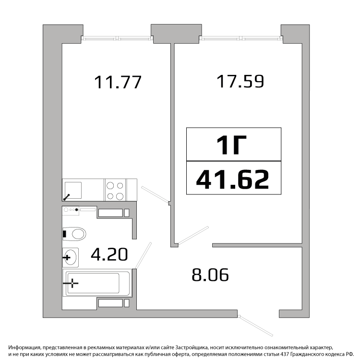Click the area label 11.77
pyautogui.click(x=118, y=82)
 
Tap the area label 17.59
pyautogui.click(x=240, y=81)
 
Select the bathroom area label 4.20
pyautogui.click(x=109, y=254)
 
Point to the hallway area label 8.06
pyautogui.click(x=210, y=275)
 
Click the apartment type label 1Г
pyautogui.click(x=231, y=144)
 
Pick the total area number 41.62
pyautogui.click(x=233, y=180)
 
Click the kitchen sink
pyautogui.click(x=73, y=191)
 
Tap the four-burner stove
pyautogui.click(x=115, y=190)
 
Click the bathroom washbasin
pyautogui.click(x=71, y=257)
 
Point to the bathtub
pyautogui.click(x=96, y=283)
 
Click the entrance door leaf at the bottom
pyautogui.click(x=256, y=326)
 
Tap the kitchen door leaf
pyautogui.click(x=155, y=194)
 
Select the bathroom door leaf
pyautogui.click(x=143, y=255)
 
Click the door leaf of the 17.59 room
pyautogui.click(x=193, y=235)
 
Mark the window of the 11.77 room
pyautogui.click(x=117, y=38)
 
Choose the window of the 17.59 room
pyautogui.click(x=241, y=38)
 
